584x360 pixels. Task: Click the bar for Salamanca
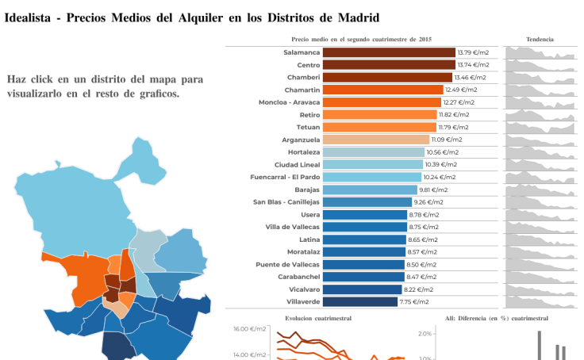[389, 52]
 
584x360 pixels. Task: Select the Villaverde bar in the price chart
[360, 301]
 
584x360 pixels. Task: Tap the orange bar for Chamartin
[383, 90]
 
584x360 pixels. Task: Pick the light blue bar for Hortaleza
[374, 152]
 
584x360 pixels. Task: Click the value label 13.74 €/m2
[473, 65]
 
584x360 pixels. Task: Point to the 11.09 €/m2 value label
[447, 140]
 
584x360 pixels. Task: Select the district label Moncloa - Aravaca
[289, 102]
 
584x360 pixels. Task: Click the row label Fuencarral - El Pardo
[285, 177]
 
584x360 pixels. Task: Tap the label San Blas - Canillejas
[286, 201]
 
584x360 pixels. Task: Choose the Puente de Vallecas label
[287, 264]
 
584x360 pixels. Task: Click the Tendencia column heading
[540, 39]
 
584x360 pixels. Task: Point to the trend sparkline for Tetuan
[540, 128]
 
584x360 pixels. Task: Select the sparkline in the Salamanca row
[540, 53]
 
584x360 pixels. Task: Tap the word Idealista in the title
[27, 17]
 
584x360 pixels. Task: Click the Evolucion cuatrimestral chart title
[318, 318]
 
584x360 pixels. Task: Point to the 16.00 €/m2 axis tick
[249, 329]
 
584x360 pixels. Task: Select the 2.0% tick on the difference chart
[425, 334]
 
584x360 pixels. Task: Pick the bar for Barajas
[370, 190]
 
